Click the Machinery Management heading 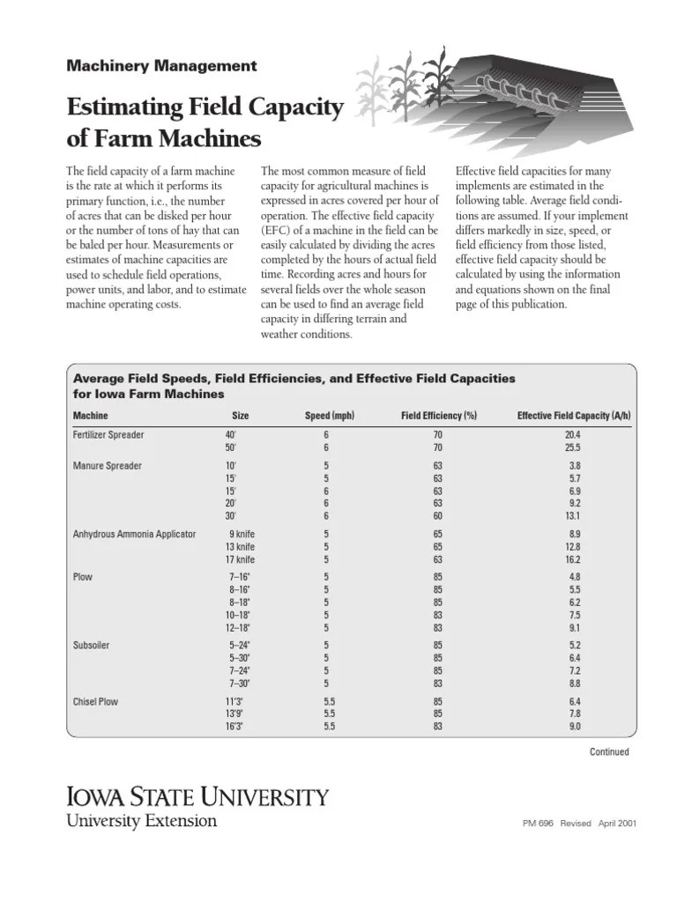[162, 66]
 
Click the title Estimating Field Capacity [205, 108]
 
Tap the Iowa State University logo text [197, 798]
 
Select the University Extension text [142, 821]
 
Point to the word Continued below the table [608, 751]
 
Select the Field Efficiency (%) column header [438, 416]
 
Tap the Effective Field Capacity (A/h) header [574, 416]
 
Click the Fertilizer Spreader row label [108, 435]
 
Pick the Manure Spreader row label [107, 465]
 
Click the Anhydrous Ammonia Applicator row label [134, 534]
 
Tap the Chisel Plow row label [95, 702]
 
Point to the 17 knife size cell [241, 558]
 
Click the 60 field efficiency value [438, 515]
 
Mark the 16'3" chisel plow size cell [235, 727]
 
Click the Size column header [241, 416]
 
